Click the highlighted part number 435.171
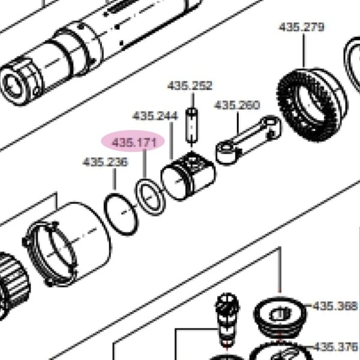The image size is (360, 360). pos(134,143)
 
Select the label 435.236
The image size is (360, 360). pos(105,162)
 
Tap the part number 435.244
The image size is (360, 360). pos(155,116)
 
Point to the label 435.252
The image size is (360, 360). pos(190,86)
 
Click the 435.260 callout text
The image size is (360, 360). pos(237,106)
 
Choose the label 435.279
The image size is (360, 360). pos(301,27)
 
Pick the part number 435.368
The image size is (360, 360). pos(335,306)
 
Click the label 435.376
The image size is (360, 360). pos(335,347)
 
